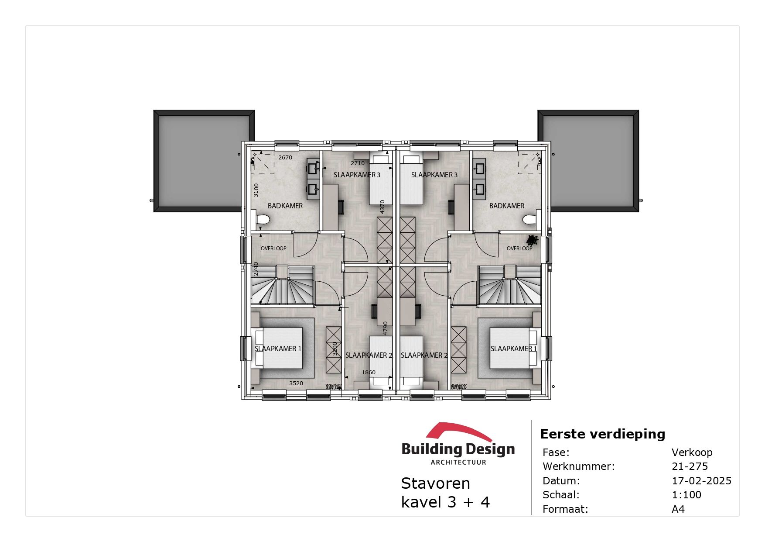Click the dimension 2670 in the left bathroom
[x=285, y=158]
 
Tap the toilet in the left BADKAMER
[x=262, y=220]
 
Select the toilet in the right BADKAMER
[x=530, y=220]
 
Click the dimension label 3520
[x=296, y=383]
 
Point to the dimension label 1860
[x=368, y=373]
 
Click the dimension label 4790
[x=385, y=328]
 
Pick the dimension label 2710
[x=357, y=163]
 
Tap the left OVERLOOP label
[x=273, y=249]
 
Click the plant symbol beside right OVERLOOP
[x=532, y=240]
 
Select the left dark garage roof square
[x=204, y=161]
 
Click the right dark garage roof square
[x=588, y=161]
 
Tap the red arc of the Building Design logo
[x=458, y=431]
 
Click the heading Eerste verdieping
[x=602, y=434]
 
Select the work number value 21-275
[x=690, y=466]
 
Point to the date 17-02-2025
[x=701, y=481]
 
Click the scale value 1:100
[x=686, y=495]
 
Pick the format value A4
[x=678, y=509]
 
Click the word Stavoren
[x=435, y=483]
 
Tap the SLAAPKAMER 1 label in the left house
[x=278, y=349]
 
